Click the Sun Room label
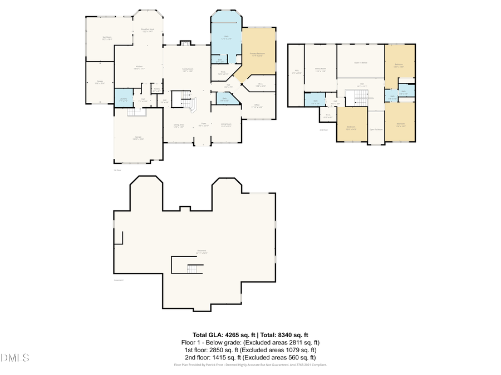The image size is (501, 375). (107, 37)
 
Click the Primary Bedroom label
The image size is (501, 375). (257, 53)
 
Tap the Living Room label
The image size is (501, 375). (226, 125)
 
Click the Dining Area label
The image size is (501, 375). (178, 125)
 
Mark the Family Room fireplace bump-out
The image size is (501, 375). (185, 43)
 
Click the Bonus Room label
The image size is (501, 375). (321, 69)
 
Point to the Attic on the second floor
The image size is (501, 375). (296, 71)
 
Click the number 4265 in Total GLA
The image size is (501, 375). (233, 335)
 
